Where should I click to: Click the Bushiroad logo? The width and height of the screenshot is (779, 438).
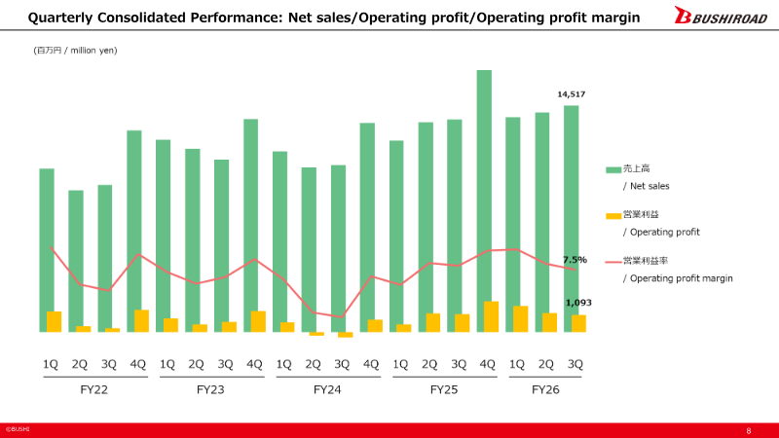(x=721, y=15)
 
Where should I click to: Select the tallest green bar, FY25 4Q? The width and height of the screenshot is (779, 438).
(x=484, y=201)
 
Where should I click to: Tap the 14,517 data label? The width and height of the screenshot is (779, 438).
(x=572, y=94)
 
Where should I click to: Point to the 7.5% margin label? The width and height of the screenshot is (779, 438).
(x=575, y=260)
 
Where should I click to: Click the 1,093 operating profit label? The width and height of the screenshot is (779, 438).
(x=578, y=303)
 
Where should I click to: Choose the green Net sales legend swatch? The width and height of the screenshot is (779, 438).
(x=613, y=169)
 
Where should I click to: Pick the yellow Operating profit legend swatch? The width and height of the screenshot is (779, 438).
(x=613, y=215)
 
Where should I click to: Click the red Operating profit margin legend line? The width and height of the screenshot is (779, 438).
(x=613, y=262)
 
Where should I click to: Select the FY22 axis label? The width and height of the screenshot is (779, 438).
(x=93, y=390)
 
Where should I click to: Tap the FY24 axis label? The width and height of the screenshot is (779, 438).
(x=327, y=390)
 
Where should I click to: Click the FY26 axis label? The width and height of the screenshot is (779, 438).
(x=545, y=390)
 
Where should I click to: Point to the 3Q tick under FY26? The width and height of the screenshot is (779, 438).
(x=575, y=364)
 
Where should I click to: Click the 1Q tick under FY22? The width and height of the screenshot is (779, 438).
(x=51, y=364)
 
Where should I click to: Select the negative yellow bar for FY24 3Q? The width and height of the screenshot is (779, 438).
(x=346, y=335)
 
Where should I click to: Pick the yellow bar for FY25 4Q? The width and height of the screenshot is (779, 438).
(x=492, y=317)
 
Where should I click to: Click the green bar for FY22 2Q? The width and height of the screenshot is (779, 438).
(x=76, y=261)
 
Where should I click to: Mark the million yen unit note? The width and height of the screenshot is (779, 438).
(x=76, y=51)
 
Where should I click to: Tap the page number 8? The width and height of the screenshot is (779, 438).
(x=749, y=430)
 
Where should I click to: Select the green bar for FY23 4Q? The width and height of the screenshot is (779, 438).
(x=251, y=226)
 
